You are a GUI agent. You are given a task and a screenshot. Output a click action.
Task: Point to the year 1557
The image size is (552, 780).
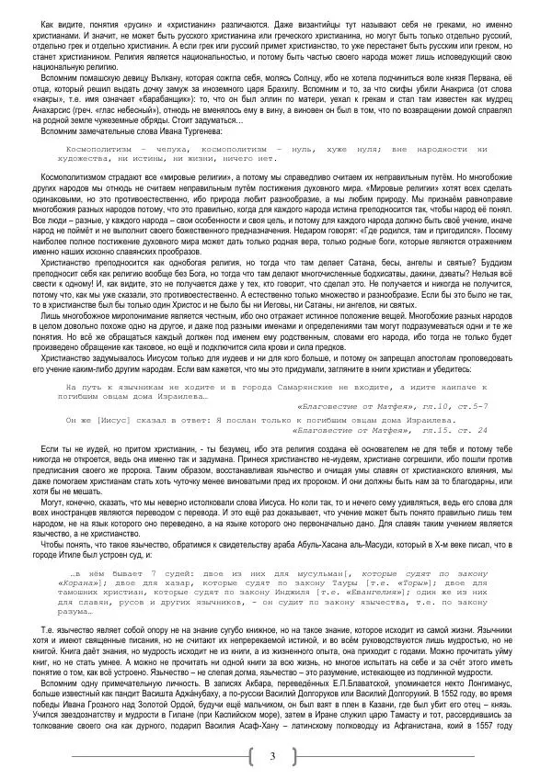512,735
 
